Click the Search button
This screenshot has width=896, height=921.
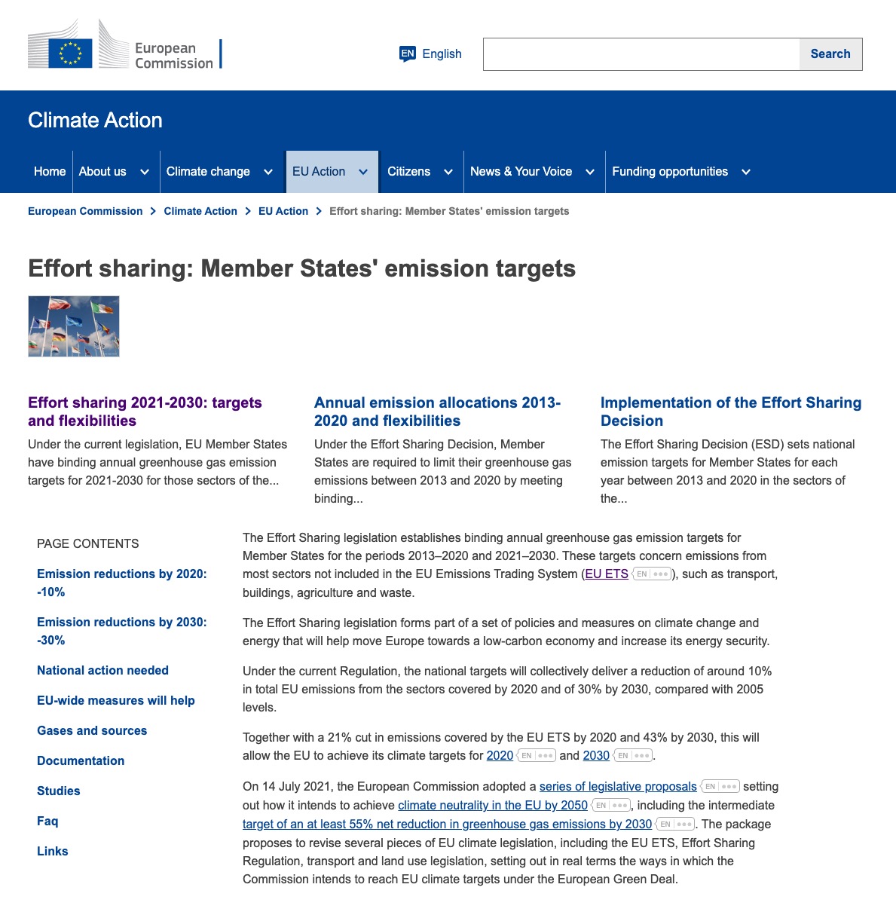pyautogui.click(x=830, y=54)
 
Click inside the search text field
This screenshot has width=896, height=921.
pyautogui.click(x=641, y=54)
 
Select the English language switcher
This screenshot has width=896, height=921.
pyautogui.click(x=431, y=54)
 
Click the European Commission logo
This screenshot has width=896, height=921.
pyautogui.click(x=124, y=46)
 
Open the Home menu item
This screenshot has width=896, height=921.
pyautogui.click(x=50, y=172)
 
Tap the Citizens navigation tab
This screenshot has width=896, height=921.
pyautogui.click(x=409, y=172)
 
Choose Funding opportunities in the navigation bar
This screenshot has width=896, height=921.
pyautogui.click(x=670, y=172)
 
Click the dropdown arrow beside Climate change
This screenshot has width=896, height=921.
pyautogui.click(x=268, y=173)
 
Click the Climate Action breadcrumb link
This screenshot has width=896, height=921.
pyautogui.click(x=200, y=211)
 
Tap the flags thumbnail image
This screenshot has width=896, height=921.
pyautogui.click(x=74, y=326)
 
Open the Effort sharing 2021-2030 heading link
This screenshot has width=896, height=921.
pyautogui.click(x=145, y=412)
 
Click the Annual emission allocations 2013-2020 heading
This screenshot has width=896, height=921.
pyautogui.click(x=437, y=412)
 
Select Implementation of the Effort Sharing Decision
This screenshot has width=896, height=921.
pyautogui.click(x=730, y=412)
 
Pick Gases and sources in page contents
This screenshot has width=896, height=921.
pyautogui.click(x=92, y=730)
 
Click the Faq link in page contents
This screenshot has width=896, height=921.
pyautogui.click(x=47, y=821)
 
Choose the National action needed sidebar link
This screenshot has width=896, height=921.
pyautogui.click(x=102, y=670)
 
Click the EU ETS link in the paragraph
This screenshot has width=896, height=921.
pyautogui.click(x=607, y=574)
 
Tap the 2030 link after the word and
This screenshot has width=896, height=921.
pyautogui.click(x=596, y=755)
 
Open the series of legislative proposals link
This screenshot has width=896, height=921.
pyautogui.click(x=618, y=786)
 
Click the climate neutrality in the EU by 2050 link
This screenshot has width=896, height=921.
pyautogui.click(x=493, y=805)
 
